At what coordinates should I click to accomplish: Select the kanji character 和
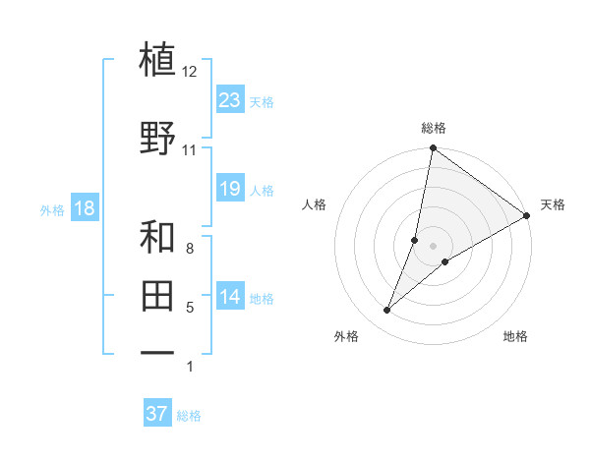click(157, 238)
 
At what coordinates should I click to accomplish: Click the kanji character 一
click(157, 351)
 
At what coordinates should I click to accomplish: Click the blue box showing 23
click(230, 100)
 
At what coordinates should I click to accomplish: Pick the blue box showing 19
click(230, 189)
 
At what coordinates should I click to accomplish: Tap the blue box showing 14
click(230, 298)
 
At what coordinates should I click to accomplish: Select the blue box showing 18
click(84, 208)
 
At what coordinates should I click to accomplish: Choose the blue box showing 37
click(157, 414)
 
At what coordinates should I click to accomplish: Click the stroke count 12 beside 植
click(189, 72)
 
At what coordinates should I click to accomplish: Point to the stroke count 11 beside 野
click(189, 150)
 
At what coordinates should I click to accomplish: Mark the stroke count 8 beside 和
click(190, 250)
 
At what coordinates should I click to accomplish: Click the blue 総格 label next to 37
click(190, 416)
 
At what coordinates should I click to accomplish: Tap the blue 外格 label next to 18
click(52, 210)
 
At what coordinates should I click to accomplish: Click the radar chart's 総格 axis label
click(433, 128)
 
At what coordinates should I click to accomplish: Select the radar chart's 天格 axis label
click(553, 204)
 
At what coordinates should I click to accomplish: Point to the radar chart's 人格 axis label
click(315, 204)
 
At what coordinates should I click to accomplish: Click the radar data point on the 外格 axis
click(387, 311)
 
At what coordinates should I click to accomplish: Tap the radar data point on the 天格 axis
click(527, 215)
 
